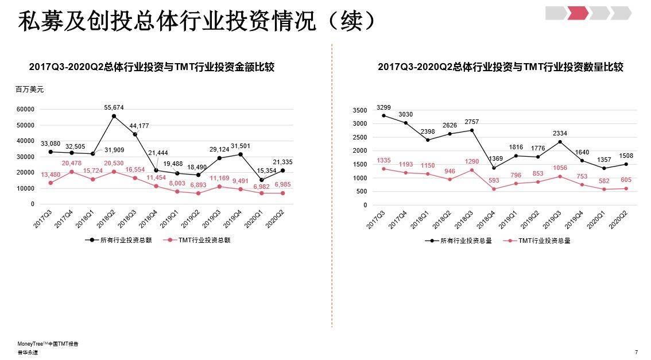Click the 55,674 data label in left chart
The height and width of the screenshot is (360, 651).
(114, 107)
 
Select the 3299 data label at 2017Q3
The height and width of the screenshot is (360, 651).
(383, 107)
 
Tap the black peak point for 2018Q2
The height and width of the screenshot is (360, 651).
(114, 117)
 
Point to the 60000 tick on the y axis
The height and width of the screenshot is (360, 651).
(25, 109)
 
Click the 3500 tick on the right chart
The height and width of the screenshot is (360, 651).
(360, 110)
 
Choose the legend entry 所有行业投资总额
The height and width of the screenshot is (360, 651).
(118, 241)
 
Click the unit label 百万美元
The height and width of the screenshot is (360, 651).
(29, 90)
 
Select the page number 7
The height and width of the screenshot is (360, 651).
(636, 352)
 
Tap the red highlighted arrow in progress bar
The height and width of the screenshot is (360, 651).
(578, 13)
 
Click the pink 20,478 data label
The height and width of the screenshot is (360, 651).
(72, 164)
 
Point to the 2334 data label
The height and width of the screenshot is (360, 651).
(560, 133)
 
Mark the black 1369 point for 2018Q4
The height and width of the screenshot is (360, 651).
(494, 168)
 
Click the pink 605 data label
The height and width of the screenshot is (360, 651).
(626, 180)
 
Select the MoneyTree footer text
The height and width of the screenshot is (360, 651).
(48, 344)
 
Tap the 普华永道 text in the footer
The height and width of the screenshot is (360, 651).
(28, 352)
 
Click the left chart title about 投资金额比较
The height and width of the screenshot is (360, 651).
(152, 67)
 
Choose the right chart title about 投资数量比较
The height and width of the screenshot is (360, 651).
(500, 67)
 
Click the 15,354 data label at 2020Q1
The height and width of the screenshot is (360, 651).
(267, 171)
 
